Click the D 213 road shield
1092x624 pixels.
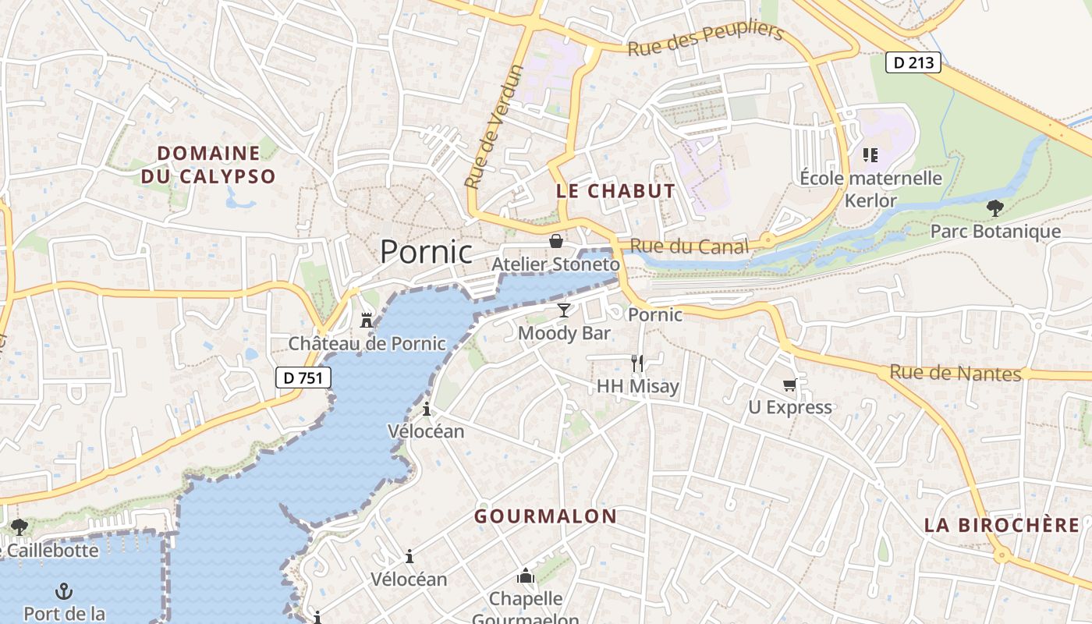click(x=913, y=62)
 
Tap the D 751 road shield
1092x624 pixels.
click(x=304, y=378)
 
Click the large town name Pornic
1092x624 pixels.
click(x=426, y=252)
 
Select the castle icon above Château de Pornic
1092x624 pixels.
click(x=366, y=320)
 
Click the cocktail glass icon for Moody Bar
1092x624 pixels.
click(x=564, y=310)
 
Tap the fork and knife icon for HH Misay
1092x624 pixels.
click(x=637, y=363)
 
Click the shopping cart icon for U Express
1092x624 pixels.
click(x=790, y=384)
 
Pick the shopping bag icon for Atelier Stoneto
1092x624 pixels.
click(x=555, y=241)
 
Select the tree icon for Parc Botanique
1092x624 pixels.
click(x=994, y=208)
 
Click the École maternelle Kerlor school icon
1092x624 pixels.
click(x=870, y=155)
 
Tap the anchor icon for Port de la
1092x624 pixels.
click(x=64, y=590)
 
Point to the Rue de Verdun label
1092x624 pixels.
click(x=494, y=127)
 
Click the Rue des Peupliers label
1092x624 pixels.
click(x=705, y=39)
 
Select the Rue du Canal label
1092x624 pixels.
click(x=689, y=246)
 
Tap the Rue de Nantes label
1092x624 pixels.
click(x=955, y=373)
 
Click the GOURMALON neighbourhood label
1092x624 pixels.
click(x=545, y=516)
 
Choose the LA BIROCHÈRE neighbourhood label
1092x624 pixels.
click(x=1002, y=525)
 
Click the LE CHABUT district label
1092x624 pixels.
click(x=615, y=191)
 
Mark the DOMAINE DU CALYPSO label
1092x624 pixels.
click(x=208, y=165)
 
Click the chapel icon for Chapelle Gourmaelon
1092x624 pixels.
click(x=526, y=576)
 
